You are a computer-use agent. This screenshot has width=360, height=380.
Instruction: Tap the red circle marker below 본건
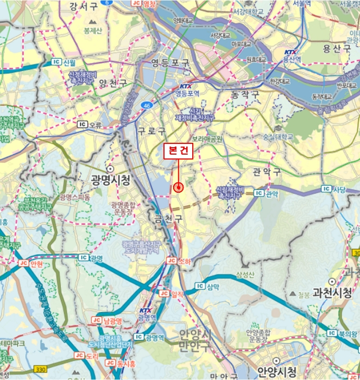pyautogui.click(x=178, y=187)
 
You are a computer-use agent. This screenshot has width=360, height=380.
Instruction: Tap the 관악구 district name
pyautogui.click(x=267, y=172)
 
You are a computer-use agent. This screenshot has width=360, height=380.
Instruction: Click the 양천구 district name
pyautogui.click(x=113, y=83)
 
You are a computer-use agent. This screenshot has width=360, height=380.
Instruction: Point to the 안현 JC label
pyautogui.click(x=31, y=263)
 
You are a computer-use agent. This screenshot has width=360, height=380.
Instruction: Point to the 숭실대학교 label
pyautogui.click(x=276, y=136)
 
